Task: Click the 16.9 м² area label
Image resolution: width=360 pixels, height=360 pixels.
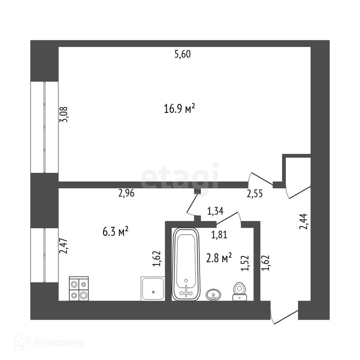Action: click(180, 109)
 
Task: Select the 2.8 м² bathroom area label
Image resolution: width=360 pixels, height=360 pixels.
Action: click(219, 258)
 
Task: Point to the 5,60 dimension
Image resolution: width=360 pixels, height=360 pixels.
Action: click(182, 55)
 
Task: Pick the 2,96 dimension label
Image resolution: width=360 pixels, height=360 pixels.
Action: click(126, 193)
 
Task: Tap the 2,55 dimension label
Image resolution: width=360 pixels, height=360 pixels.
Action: click(255, 194)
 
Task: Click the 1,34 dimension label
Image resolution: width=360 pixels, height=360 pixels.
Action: click(215, 211)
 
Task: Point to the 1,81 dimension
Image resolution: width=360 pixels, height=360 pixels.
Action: click(220, 235)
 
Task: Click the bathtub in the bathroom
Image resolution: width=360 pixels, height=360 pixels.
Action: click(186, 264)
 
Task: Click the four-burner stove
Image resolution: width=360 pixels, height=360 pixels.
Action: click(79, 289)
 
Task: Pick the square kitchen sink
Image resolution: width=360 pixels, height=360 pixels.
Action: click(153, 289)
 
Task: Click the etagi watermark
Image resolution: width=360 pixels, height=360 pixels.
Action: click(180, 177)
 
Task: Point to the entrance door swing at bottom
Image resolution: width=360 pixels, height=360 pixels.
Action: click(284, 316)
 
